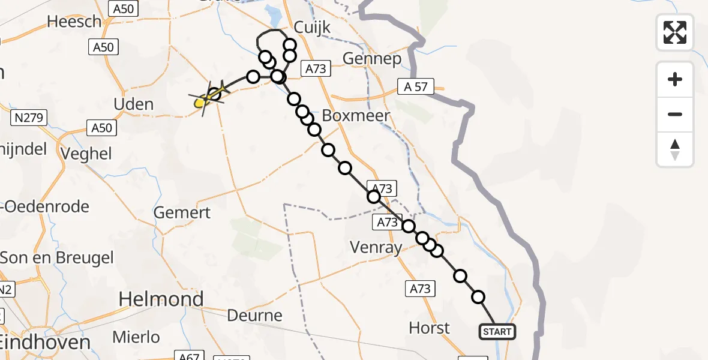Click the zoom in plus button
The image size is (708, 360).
pyautogui.click(x=675, y=80)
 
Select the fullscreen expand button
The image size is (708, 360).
pyautogui.click(x=675, y=32)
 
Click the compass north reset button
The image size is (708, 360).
pyautogui.click(x=675, y=149)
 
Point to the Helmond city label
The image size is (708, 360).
pyautogui.click(x=161, y=299)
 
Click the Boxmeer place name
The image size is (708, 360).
pyautogui.click(x=356, y=115)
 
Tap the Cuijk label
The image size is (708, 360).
pyautogui.click(x=313, y=28)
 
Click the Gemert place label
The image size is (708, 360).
pyautogui.click(x=182, y=212)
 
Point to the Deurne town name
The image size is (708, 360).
pyautogui.click(x=256, y=315)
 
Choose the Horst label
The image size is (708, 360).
pyautogui.click(x=429, y=328)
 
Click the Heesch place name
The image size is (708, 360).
pyautogui.click(x=74, y=22)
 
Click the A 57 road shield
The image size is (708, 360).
pyautogui.click(x=416, y=87)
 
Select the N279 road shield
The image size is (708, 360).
pyautogui.click(x=29, y=118)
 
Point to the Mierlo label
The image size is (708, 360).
pyautogui.click(x=137, y=337)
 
